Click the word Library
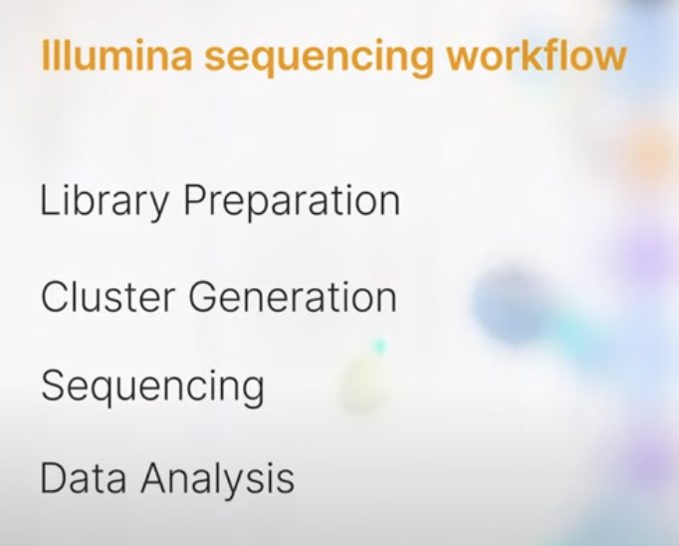point(105,202)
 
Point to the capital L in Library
point(48,201)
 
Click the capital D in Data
point(52,478)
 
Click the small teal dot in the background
point(379,346)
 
